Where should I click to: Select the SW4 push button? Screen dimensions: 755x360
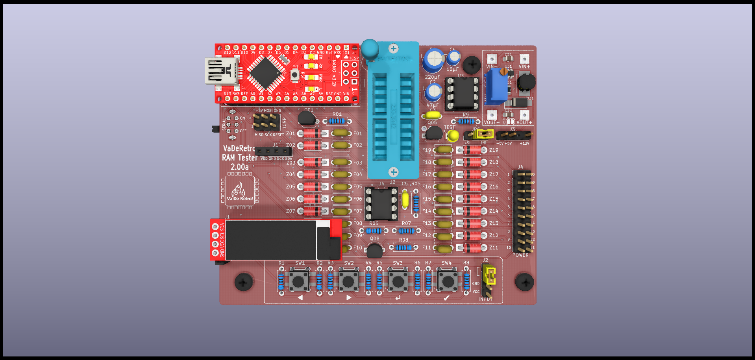pyautogui.click(x=448, y=281)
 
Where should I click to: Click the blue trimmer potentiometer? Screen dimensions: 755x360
pyautogui.click(x=496, y=86)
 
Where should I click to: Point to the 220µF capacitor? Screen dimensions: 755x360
pyautogui.click(x=433, y=60)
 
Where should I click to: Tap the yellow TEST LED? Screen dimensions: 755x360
pyautogui.click(x=453, y=136)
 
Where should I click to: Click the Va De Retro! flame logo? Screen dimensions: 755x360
pyautogui.click(x=239, y=190)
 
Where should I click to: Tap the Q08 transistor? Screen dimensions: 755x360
pyautogui.click(x=374, y=250)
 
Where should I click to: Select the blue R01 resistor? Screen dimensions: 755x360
pyautogui.click(x=337, y=121)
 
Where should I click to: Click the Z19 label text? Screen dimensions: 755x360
pyautogui.click(x=494, y=150)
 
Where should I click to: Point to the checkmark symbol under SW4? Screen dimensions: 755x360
pyautogui.click(x=446, y=298)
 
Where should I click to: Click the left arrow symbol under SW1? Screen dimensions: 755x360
pyautogui.click(x=300, y=298)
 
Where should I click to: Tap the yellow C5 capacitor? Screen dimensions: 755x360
pyautogui.click(x=405, y=199)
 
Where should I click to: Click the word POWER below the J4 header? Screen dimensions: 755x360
pyautogui.click(x=520, y=255)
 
